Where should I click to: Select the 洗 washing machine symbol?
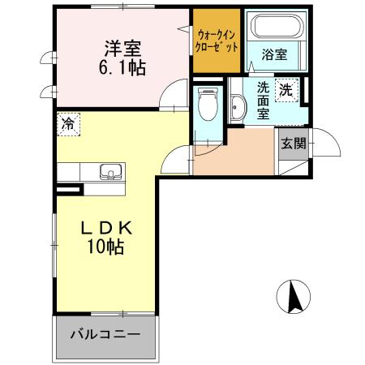(x=287, y=90)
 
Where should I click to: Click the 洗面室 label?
(x=264, y=100)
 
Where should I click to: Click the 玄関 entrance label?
(x=293, y=144)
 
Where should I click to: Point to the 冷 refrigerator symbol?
(x=69, y=124)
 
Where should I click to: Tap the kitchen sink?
(x=109, y=171)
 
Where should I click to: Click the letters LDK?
(x=106, y=230)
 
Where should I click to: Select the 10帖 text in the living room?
(x=106, y=248)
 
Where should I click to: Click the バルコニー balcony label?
(x=104, y=334)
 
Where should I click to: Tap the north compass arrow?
(x=294, y=298)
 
